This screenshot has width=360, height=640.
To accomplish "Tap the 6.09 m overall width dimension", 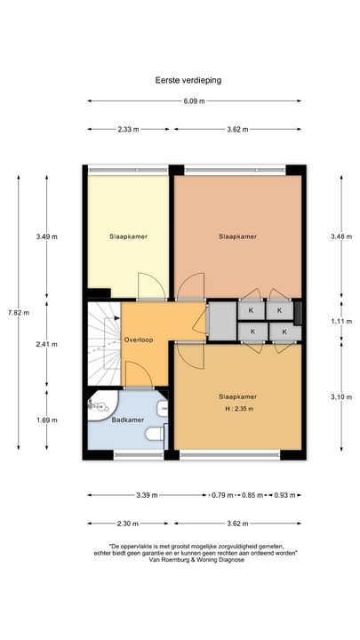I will coord(195,101).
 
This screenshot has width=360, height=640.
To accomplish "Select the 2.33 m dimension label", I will coord(127,130).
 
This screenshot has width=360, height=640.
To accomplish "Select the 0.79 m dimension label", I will coord(223,495).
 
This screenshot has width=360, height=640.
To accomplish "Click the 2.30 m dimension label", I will coord(127,524).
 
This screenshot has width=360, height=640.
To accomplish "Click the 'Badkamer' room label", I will coord(128,420).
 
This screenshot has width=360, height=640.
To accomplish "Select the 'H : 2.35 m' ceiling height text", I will coord(237,409).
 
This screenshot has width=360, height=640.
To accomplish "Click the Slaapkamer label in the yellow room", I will coord(128,236).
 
